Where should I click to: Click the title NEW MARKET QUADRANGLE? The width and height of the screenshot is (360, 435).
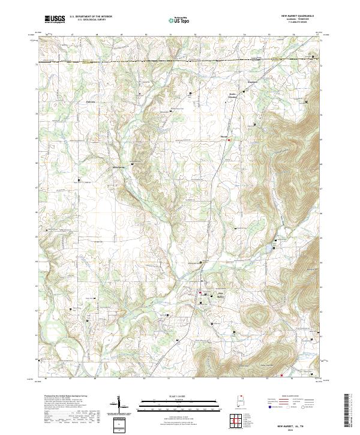point(298,16)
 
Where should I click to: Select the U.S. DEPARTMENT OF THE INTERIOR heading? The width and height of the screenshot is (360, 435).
point(91,17)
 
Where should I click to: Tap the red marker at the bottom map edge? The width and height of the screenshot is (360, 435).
point(281,376)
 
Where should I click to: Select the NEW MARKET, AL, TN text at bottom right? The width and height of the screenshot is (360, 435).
point(297,424)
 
